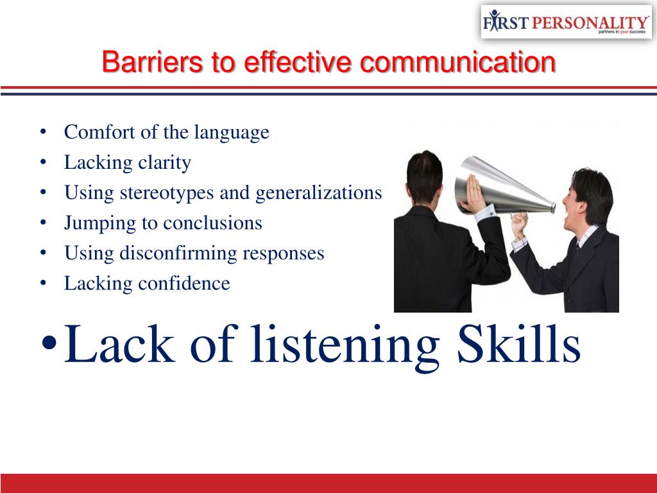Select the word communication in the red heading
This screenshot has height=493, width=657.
457,62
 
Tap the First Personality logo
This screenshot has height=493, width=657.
566,22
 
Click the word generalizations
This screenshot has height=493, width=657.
318,193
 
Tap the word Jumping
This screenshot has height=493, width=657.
99,223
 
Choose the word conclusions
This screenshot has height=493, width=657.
212,223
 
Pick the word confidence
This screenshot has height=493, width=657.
184,283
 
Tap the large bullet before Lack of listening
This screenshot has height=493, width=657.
49,343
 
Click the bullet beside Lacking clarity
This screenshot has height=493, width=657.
43,162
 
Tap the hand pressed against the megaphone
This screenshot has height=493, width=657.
474,194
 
